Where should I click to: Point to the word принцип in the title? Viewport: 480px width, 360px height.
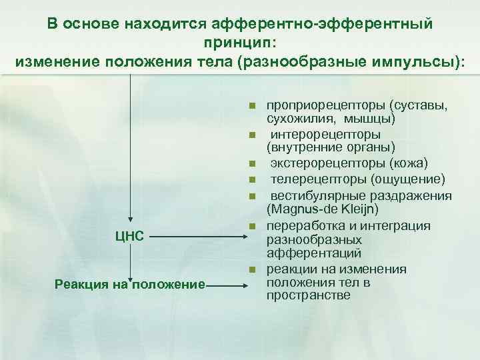click(x=239, y=43)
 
